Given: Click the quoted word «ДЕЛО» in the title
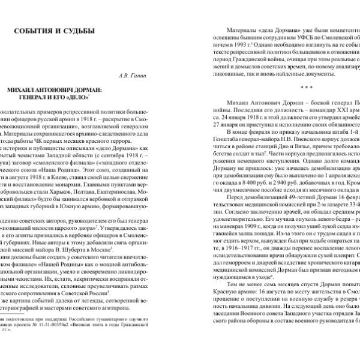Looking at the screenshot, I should pos(80,97).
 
